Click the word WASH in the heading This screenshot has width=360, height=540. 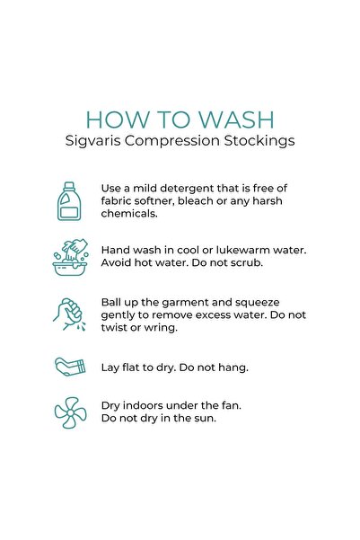(236, 120)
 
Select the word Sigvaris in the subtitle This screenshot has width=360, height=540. (93, 141)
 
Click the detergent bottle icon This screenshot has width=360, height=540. (69, 201)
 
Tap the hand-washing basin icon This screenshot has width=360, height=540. (71, 257)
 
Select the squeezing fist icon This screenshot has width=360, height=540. (69, 314)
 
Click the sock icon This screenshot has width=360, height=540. (70, 367)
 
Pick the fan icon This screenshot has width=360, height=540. (71, 412)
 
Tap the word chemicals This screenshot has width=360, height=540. (129, 214)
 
